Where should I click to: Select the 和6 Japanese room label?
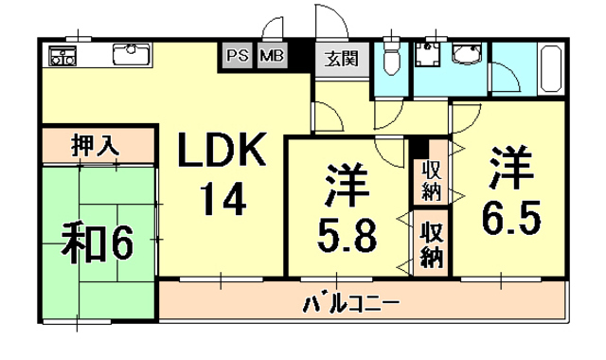pyautogui.click(x=98, y=244)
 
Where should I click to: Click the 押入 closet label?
pyautogui.click(x=97, y=147)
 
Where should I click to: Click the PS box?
pyautogui.click(x=238, y=56)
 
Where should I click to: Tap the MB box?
pyautogui.click(x=271, y=56)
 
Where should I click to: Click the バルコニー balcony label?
pyautogui.click(x=351, y=305)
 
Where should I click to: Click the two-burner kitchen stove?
pyautogui.click(x=63, y=56)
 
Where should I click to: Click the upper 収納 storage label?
pyautogui.click(x=432, y=180)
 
